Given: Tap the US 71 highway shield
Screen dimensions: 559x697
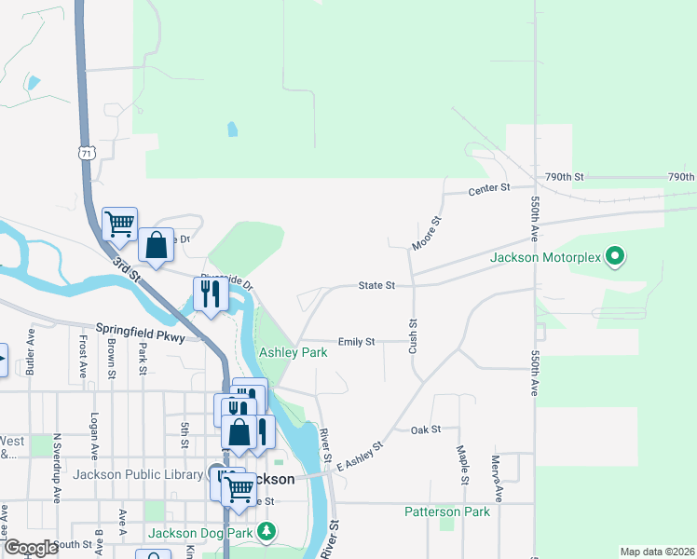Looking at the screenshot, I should [88, 152].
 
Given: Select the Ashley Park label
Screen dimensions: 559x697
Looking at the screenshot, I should [293, 353].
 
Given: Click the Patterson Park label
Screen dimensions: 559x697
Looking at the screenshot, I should [446, 511].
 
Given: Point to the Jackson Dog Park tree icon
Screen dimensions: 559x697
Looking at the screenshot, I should [267, 532].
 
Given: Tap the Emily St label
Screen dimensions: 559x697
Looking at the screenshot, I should [356, 342].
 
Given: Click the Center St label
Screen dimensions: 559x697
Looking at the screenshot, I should [490, 188].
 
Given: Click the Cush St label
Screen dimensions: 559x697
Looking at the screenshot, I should [412, 335].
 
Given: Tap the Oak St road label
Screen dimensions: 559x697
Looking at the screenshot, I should [425, 429].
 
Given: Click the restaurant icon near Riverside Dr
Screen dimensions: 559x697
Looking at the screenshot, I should [210, 294].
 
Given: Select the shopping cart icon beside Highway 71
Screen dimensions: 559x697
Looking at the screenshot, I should [119, 224].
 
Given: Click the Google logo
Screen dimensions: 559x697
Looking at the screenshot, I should [31, 548].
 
